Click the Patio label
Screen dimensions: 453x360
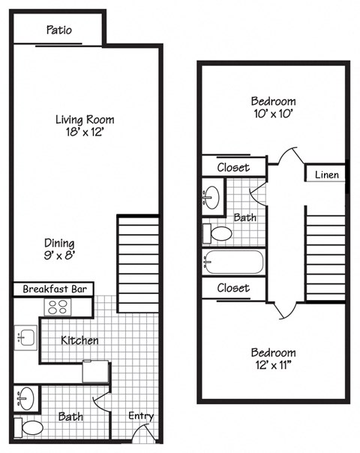pos(59,30)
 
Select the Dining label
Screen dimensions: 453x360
pos(58,243)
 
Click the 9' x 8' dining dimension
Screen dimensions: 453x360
pos(58,256)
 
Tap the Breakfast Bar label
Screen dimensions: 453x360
pos(51,289)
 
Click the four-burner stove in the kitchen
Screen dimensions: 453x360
pos(58,306)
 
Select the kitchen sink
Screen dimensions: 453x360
pos(24,339)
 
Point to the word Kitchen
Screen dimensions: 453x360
pos(79,340)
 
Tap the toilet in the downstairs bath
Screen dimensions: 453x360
pos(31,427)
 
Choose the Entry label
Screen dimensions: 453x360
pos(140,416)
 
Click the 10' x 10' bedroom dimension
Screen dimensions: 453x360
pos(273,115)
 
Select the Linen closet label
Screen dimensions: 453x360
pos(326,175)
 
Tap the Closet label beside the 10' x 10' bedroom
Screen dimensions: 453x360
pos(233,167)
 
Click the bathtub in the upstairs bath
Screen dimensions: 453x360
pos(232,263)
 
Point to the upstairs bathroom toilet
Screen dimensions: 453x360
pos(220,234)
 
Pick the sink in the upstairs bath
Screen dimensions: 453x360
pos(211,198)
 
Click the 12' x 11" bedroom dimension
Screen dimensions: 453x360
pos(273,366)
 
